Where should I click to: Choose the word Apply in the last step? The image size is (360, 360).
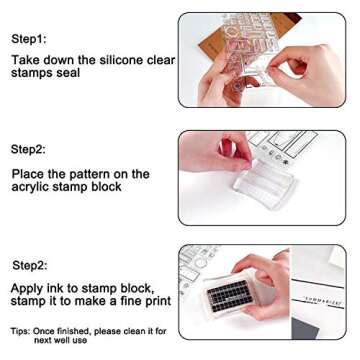31,286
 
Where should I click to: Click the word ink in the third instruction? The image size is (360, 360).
64,286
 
